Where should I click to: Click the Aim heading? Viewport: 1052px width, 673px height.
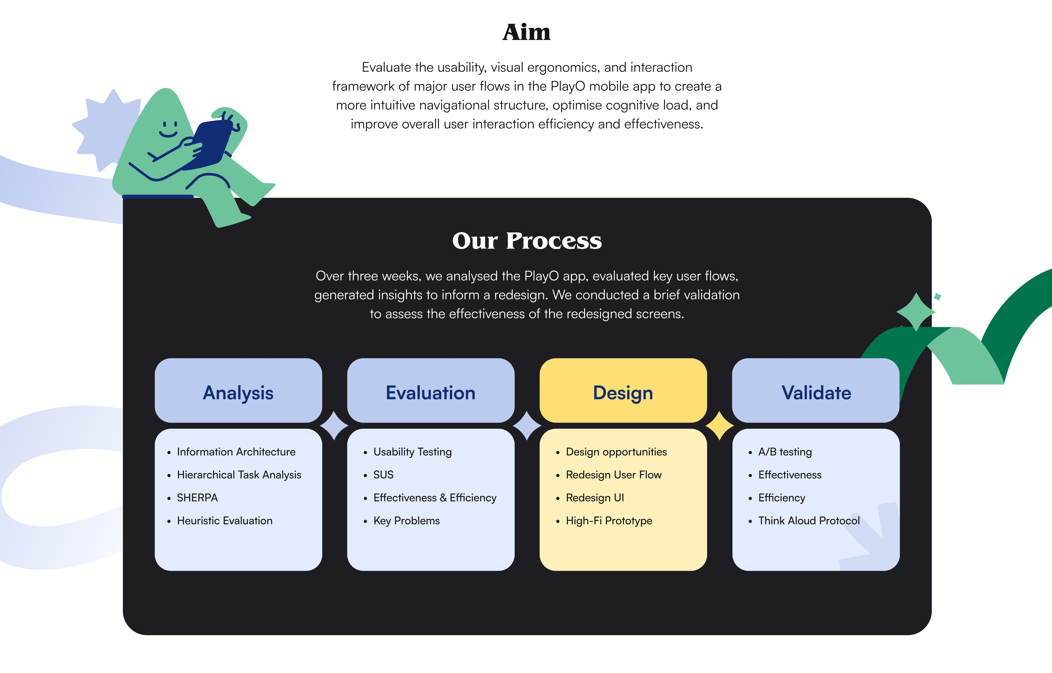(526, 32)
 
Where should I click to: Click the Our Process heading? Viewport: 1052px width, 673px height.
(527, 241)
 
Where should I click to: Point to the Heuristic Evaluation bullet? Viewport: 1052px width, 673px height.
(225, 520)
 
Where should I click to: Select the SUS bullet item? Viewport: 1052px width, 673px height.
(383, 475)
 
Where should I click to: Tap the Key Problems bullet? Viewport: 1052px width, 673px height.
(406, 520)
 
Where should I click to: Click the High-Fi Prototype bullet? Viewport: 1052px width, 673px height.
(609, 520)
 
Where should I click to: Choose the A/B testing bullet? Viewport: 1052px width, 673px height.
(785, 452)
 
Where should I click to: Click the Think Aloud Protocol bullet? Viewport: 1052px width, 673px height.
(809, 520)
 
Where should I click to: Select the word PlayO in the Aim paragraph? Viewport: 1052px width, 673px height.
(567, 86)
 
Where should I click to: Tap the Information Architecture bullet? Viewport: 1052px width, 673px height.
(236, 452)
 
